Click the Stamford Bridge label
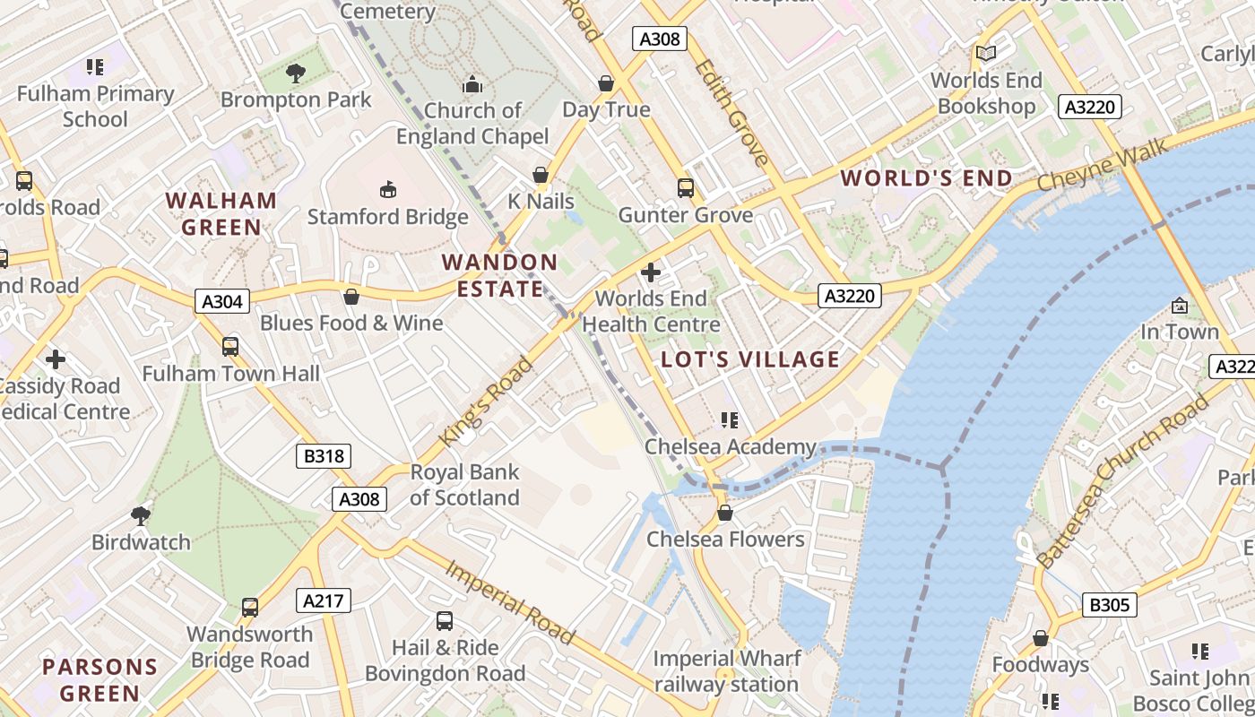coord(387,217)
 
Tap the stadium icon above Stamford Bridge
coord(387,189)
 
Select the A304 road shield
coord(222,301)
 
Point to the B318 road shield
coord(324,456)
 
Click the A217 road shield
coord(324,600)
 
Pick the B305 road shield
coord(1109,605)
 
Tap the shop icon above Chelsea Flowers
coord(725,513)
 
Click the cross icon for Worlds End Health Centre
coord(651,272)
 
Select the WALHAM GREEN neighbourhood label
coord(221,213)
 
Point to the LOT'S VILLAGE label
coord(750,359)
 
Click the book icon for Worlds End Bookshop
coord(986,54)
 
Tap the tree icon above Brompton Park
coord(295,73)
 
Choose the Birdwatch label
coord(141,542)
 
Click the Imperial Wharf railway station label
coord(726,671)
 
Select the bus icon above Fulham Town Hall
coord(230,346)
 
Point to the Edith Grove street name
coord(731,113)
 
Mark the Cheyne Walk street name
coord(1103,164)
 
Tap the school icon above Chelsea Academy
coord(730,419)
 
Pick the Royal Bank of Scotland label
coord(464,485)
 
